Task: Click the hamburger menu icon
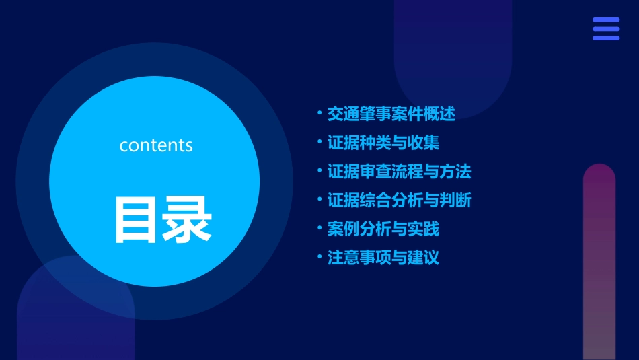pyautogui.click(x=606, y=29)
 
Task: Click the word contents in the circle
pyautogui.click(x=156, y=145)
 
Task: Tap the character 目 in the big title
pyautogui.click(x=135, y=219)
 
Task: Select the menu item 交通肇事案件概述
pyautogui.click(x=391, y=114)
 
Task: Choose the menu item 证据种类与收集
pyautogui.click(x=383, y=143)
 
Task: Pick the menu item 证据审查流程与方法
pyautogui.click(x=399, y=172)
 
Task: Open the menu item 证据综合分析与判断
pyautogui.click(x=399, y=200)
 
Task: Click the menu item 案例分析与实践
pyautogui.click(x=383, y=229)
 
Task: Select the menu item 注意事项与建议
pyautogui.click(x=383, y=258)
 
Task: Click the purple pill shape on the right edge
pyautogui.click(x=599, y=262)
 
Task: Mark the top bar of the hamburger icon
pyautogui.click(x=606, y=20)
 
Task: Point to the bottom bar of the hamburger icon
pyautogui.click(x=606, y=38)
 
